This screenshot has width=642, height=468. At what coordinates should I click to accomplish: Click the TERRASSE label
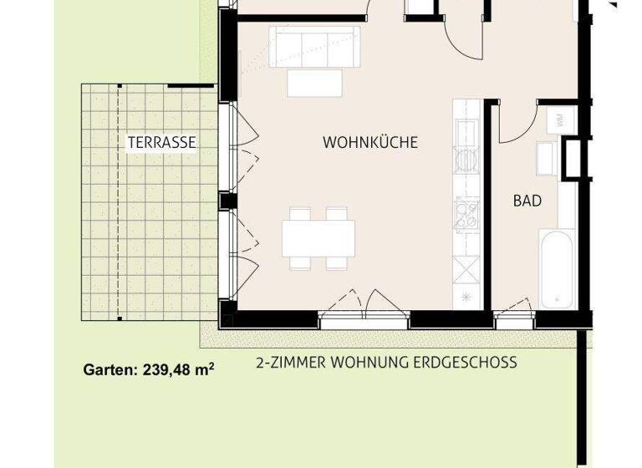coord(162,143)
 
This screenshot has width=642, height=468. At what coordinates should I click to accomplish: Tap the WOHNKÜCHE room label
coord(369,143)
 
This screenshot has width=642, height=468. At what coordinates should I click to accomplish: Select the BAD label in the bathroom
coord(527,201)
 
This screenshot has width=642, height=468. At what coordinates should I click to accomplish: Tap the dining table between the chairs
coord(318,238)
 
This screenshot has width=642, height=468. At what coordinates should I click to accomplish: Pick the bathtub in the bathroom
coord(557,270)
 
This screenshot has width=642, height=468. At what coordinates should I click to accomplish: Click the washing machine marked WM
coord(558,121)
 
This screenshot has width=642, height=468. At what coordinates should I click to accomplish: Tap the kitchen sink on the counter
coord(465,132)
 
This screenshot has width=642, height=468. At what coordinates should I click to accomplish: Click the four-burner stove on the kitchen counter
coord(466,213)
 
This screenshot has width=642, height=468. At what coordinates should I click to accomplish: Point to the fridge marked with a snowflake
coord(466,297)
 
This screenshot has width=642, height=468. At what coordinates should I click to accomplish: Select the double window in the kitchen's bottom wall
coord(364,318)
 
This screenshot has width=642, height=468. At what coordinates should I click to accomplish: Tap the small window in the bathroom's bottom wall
coord(513,318)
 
